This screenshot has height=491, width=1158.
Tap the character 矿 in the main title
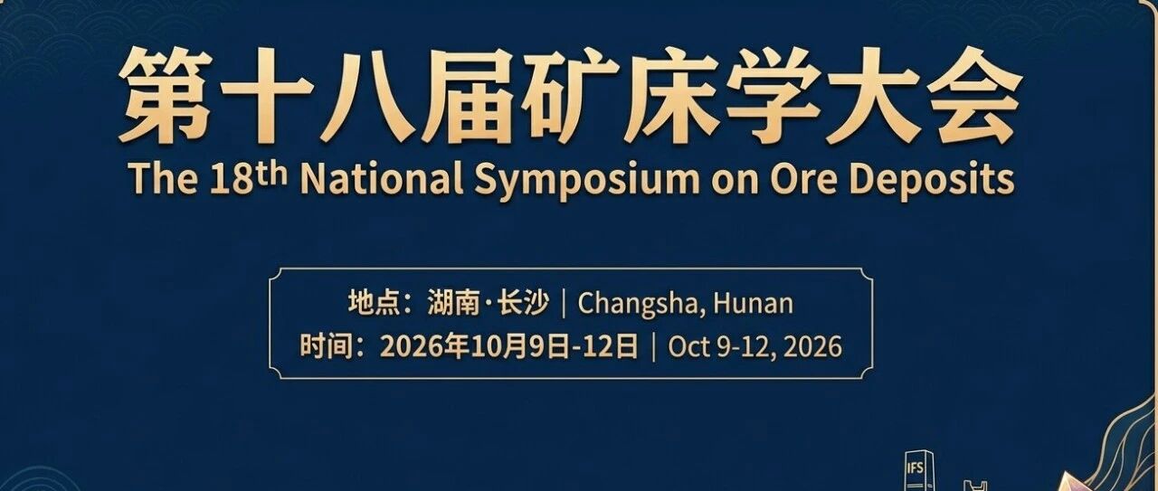570,95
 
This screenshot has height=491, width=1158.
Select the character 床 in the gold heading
671,95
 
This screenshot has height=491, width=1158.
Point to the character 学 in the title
773,95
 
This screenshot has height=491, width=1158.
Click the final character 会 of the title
975,95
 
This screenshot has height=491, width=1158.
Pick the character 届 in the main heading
470,95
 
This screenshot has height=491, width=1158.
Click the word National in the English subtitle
382,179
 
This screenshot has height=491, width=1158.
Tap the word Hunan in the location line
753,304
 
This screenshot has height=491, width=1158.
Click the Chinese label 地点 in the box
372,303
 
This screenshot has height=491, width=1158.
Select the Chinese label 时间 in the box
324,346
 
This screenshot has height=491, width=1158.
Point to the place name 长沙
523,303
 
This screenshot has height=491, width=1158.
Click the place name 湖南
453,303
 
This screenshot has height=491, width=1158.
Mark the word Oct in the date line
688,346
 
